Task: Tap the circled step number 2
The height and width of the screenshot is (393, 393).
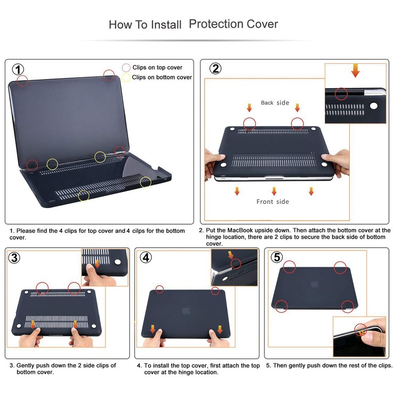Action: (x=215, y=68)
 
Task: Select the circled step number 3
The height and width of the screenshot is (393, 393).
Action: (x=15, y=257)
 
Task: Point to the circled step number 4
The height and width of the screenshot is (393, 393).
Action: (x=146, y=257)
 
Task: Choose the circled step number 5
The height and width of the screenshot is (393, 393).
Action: (x=277, y=257)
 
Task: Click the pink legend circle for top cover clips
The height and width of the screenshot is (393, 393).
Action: (x=126, y=67)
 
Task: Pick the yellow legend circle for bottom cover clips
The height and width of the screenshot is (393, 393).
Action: (x=126, y=77)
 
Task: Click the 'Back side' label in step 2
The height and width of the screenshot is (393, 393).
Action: (x=275, y=103)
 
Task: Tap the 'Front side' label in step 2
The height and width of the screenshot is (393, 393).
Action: (x=273, y=201)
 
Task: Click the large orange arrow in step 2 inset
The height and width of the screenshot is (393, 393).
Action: (x=355, y=72)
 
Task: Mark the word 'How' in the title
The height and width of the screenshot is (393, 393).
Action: (x=120, y=24)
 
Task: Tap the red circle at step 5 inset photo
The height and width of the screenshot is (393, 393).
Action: (x=362, y=330)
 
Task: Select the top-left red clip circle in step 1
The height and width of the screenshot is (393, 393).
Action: (x=22, y=80)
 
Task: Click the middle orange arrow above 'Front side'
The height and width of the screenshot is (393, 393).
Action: (x=274, y=191)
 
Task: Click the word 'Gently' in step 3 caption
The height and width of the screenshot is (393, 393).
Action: (x=27, y=365)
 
